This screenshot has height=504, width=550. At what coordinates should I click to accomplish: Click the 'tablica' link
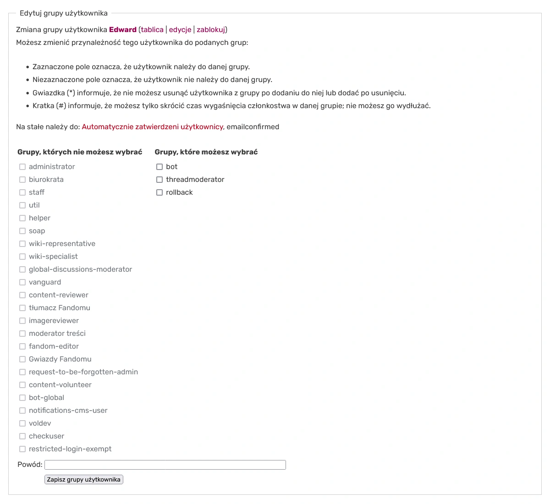(152, 30)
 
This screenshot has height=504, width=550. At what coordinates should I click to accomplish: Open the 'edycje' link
(180, 30)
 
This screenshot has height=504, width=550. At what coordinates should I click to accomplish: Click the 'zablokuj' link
(211, 30)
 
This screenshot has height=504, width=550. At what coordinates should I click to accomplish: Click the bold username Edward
(123, 30)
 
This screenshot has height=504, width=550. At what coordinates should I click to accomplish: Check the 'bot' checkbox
(159, 167)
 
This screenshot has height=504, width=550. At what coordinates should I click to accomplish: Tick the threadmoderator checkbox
(159, 180)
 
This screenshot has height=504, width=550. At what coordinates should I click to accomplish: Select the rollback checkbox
(159, 192)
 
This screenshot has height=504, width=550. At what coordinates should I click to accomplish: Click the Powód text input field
(165, 465)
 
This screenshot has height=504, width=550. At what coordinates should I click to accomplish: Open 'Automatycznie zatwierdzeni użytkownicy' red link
(152, 127)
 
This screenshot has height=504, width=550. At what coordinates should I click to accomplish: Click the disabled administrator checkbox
(22, 167)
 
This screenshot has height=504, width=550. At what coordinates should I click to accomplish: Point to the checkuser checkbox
(22, 436)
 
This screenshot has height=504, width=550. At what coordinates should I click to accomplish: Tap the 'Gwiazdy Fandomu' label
(60, 359)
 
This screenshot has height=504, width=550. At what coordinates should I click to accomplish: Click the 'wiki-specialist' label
(53, 257)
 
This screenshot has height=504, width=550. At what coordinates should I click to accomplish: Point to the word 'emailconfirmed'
(253, 127)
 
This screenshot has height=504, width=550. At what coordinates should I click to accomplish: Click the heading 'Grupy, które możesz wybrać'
(206, 152)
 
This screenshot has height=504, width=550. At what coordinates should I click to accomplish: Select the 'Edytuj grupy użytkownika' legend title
(64, 13)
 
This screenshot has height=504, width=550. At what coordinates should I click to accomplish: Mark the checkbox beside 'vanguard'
(22, 282)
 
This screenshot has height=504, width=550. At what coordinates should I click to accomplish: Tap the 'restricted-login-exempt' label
(70, 449)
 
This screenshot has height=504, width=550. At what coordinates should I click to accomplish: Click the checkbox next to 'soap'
(22, 231)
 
